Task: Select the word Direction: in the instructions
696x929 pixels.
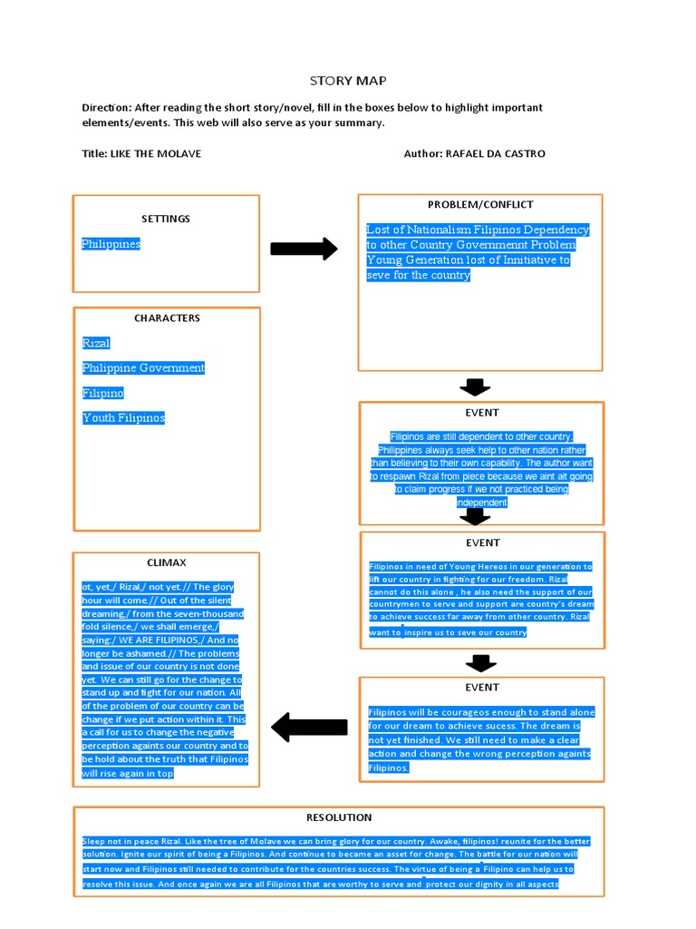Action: click(106, 107)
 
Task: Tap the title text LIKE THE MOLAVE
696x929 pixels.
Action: click(155, 153)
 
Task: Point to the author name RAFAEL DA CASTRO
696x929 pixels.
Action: click(495, 153)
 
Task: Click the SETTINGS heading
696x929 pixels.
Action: click(166, 219)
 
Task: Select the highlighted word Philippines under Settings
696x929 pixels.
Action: click(111, 244)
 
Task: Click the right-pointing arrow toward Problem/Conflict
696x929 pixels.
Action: click(304, 249)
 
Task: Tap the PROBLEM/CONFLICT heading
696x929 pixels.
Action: click(480, 205)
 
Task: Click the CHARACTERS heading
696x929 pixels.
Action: click(167, 318)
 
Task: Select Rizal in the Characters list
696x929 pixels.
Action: click(96, 343)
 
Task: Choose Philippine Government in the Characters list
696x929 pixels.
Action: click(143, 367)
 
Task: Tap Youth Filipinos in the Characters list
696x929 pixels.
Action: click(123, 418)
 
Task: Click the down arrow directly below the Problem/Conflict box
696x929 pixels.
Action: click(475, 387)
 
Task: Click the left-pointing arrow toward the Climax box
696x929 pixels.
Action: click(309, 727)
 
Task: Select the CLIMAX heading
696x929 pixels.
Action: click(166, 562)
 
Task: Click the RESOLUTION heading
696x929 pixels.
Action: click(339, 817)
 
